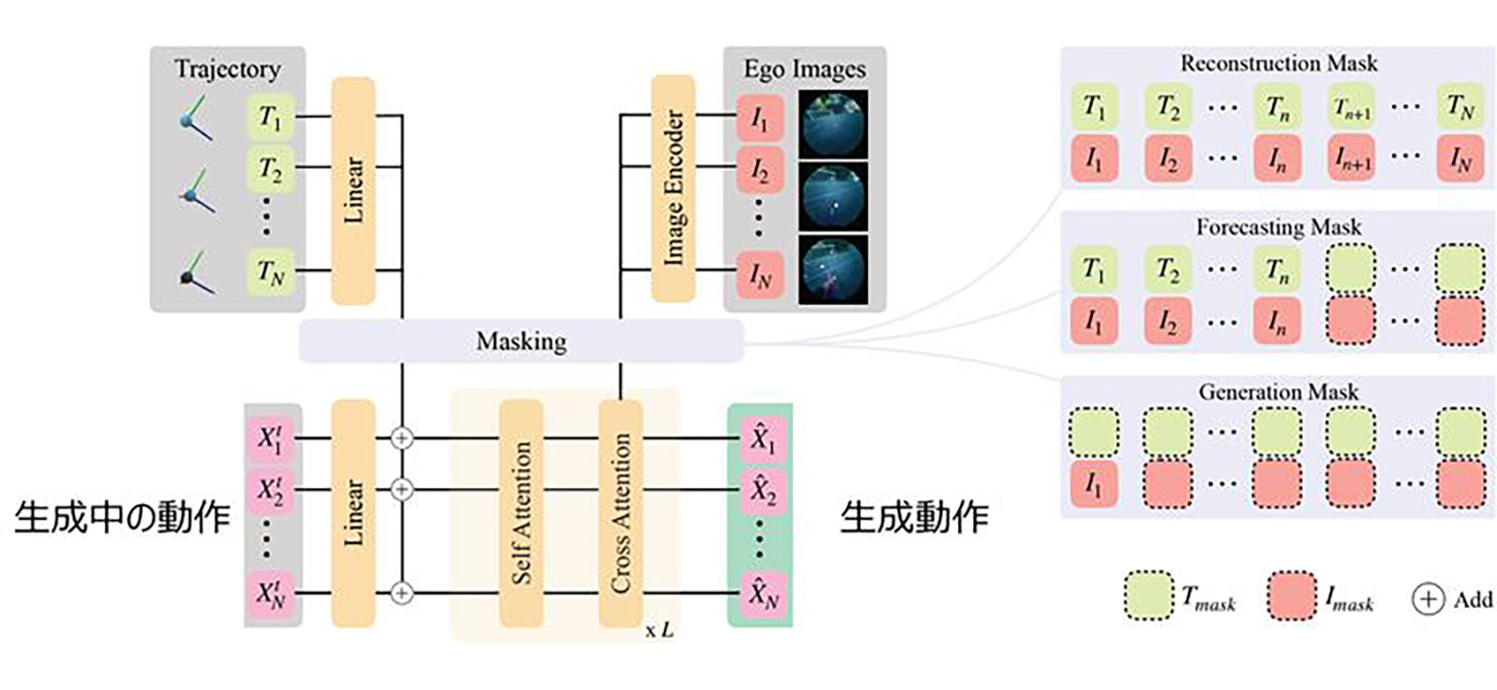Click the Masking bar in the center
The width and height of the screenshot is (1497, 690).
520,341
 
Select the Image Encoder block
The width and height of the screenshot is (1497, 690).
673,188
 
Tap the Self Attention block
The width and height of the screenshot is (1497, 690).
521,513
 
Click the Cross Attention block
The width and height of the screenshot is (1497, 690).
620,513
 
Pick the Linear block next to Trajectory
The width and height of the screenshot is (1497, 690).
354,191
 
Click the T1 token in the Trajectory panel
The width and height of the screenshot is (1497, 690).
270,118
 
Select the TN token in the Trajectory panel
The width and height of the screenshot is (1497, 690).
270,272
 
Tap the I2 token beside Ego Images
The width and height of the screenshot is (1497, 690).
759,170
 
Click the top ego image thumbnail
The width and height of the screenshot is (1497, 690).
833,124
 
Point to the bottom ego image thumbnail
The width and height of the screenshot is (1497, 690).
833,268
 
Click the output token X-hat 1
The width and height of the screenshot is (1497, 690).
760,438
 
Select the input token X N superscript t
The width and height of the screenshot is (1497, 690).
269,593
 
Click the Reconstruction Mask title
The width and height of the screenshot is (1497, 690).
1278,64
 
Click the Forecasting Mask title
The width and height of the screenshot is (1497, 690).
1278,227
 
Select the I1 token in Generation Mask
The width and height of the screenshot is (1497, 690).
1093,484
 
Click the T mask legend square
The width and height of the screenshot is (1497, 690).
1148,597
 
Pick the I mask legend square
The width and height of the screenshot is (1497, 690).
1291,597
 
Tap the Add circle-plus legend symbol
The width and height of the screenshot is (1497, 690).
1427,599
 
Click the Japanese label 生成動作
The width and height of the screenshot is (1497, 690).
914,517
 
